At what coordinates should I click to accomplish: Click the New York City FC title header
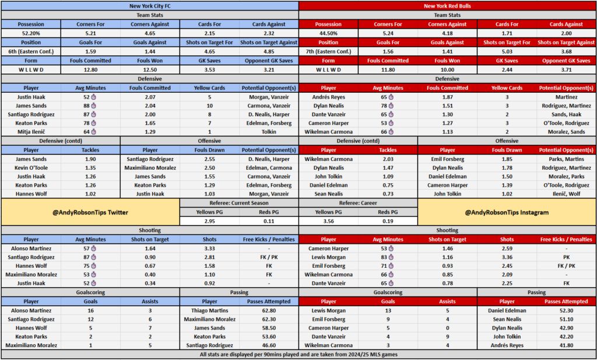[149, 6]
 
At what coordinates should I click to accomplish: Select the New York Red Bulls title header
[447, 6]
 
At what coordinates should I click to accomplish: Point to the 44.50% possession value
[328, 33]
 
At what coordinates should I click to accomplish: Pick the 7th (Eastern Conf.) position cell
[328, 51]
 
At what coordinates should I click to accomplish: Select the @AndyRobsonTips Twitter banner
[90, 212]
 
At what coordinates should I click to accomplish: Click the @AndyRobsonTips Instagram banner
[507, 212]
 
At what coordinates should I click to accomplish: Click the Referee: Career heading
[358, 203]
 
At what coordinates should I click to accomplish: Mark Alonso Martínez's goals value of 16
[90, 310]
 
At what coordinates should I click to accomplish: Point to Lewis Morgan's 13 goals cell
[388, 310]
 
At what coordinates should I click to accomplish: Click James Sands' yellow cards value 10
[209, 106]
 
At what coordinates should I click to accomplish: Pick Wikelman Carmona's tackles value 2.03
[388, 159]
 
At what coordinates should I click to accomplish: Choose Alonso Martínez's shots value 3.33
[209, 249]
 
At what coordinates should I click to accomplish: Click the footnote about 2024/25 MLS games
[298, 355]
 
